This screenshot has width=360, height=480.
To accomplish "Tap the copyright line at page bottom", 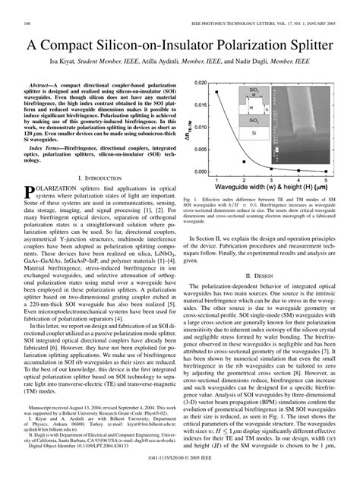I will pos(180,461).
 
